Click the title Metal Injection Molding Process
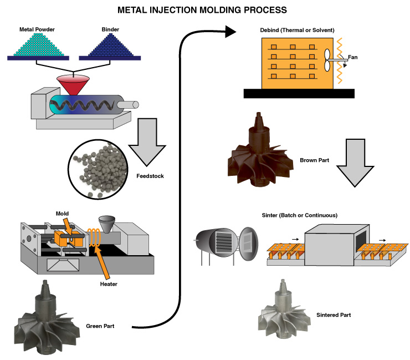pyautogui.click(x=204, y=9)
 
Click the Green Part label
pyautogui.click(x=100, y=326)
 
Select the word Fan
pyautogui.click(x=354, y=57)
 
